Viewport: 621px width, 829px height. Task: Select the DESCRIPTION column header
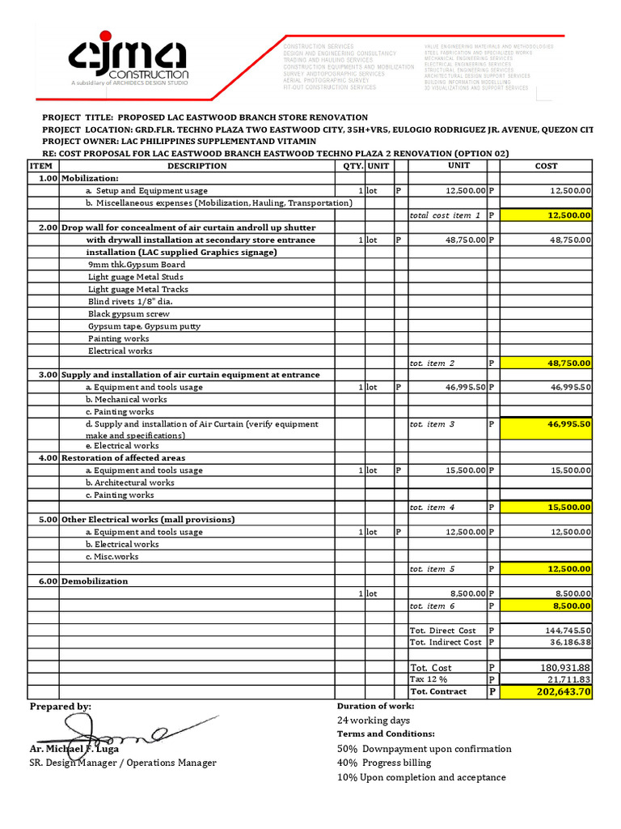coord(196,166)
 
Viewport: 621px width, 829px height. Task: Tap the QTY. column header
coord(351,166)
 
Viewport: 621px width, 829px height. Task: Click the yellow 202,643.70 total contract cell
coord(546,692)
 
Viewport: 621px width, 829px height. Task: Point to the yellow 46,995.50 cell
coord(546,424)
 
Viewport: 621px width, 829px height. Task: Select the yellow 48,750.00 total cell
coord(546,363)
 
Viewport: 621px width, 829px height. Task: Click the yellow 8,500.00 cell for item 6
coord(546,606)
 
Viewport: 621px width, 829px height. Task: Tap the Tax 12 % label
coord(429,680)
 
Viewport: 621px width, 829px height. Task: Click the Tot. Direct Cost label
coord(442,631)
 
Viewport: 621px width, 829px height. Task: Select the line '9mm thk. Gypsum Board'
coord(137,265)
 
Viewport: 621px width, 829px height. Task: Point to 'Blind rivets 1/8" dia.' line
coord(130,301)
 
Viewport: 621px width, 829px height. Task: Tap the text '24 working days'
coord(373,721)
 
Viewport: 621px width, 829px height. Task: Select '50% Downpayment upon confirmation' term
coord(424,749)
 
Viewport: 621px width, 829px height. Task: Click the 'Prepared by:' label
coord(61,707)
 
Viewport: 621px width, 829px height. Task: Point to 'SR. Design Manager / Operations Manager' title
coord(123,763)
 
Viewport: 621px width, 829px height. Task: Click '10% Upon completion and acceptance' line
coord(421,777)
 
